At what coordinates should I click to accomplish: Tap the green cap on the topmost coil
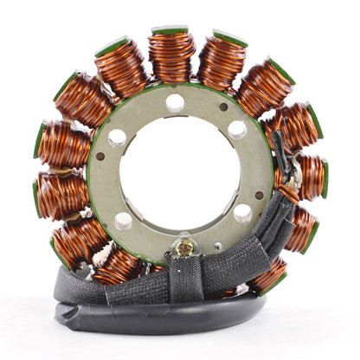[170, 30]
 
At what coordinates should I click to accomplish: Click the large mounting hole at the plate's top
[175, 102]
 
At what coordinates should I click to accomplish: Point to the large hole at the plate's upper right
[236, 129]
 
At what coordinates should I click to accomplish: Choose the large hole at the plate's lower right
[242, 213]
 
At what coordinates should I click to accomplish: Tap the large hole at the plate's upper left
[117, 138]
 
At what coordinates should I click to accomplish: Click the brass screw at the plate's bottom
[184, 249]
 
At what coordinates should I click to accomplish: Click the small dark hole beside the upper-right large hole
[223, 107]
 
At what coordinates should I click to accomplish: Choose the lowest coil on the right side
[267, 276]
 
